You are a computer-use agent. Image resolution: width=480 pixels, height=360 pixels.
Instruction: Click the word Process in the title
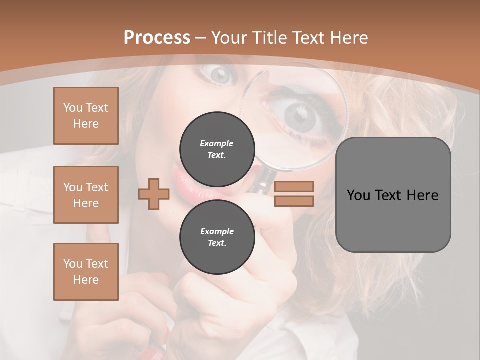tap(157, 38)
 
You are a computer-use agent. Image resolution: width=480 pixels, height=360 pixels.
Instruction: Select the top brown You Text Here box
tap(86, 116)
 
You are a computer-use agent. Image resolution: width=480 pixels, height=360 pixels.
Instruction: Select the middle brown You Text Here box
tap(86, 195)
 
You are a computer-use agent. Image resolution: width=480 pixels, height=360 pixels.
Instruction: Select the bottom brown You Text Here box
tap(86, 272)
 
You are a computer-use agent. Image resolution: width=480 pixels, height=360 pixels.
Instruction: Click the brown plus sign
tap(153, 194)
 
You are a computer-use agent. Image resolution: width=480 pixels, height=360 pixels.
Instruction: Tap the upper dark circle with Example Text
tap(217, 149)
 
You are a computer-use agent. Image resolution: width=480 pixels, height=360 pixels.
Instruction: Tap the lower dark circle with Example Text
tap(217, 237)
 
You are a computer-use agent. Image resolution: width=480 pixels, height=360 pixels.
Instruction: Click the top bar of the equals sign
tap(294, 186)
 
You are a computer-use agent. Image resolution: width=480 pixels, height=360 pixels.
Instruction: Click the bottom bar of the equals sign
tap(294, 201)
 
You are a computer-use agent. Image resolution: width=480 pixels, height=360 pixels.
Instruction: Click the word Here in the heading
tap(349, 38)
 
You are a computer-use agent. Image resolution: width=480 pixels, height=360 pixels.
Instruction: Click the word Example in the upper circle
tap(217, 143)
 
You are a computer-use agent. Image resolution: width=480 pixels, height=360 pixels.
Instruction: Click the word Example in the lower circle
tap(217, 231)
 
